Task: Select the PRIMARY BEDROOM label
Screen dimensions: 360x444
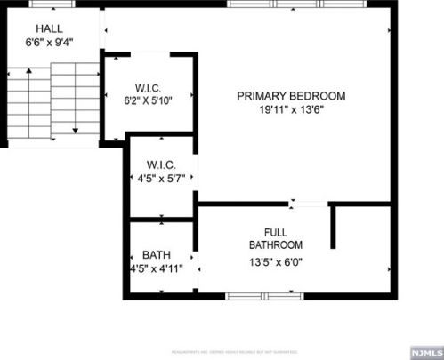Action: (x=290, y=96)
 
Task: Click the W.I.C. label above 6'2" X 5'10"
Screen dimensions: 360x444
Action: (x=148, y=87)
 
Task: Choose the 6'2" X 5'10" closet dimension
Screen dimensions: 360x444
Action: (x=148, y=100)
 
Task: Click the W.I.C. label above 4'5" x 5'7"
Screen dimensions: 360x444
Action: (x=161, y=165)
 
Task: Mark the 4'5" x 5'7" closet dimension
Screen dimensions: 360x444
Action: (x=161, y=180)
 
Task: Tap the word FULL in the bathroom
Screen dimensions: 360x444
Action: (x=275, y=231)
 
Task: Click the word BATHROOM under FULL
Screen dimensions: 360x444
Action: (x=275, y=244)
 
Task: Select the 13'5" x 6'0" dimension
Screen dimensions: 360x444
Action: (x=276, y=262)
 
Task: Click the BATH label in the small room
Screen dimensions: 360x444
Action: (x=157, y=254)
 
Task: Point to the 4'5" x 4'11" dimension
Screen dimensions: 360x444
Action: (x=157, y=268)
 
